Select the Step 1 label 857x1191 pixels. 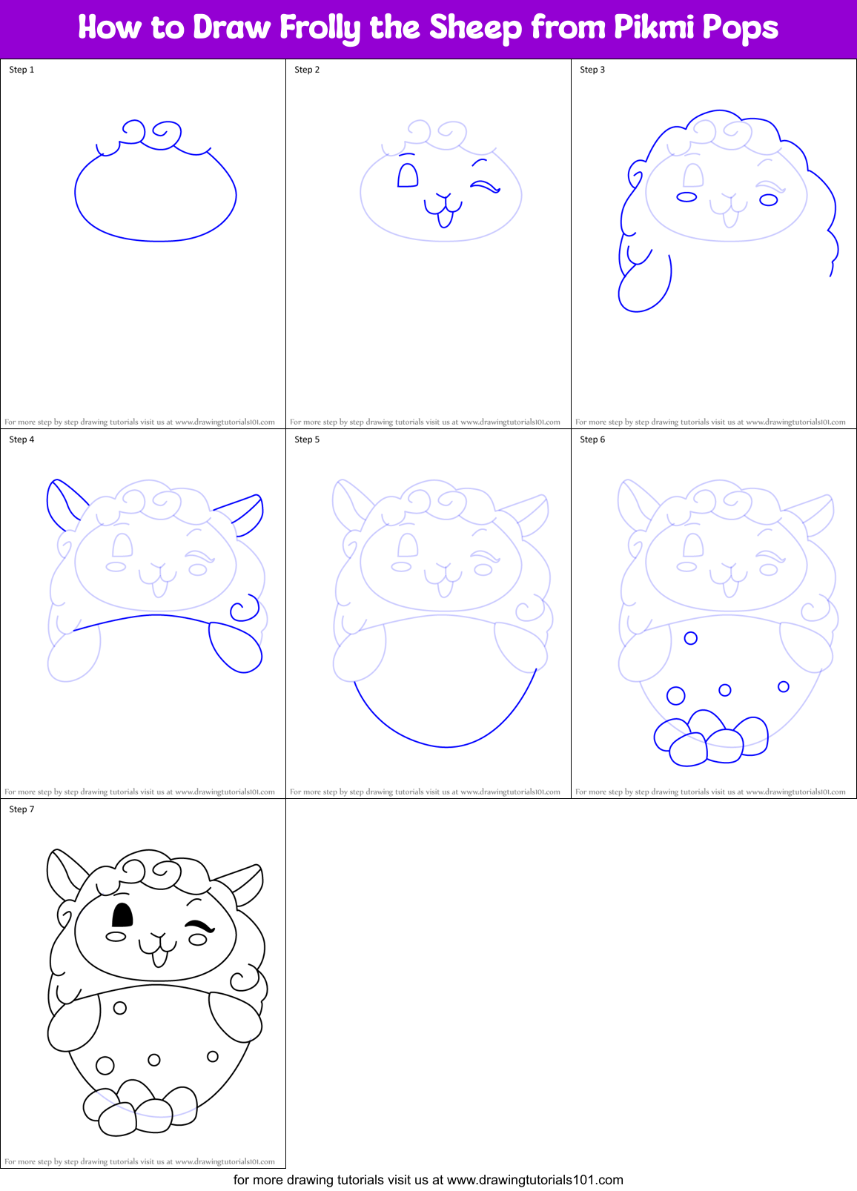(x=21, y=70)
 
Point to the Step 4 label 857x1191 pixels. (x=21, y=439)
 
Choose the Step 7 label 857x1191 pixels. (x=21, y=809)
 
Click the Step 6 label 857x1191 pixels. (x=592, y=439)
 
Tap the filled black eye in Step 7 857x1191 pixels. (x=122, y=915)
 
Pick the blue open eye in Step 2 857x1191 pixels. (x=408, y=176)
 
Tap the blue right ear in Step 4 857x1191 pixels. (x=245, y=512)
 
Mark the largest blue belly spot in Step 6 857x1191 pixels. (x=675, y=695)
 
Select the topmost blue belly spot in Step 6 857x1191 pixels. (x=691, y=637)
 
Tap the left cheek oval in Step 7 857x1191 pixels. (x=116, y=937)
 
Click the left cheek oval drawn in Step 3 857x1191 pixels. (x=686, y=197)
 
